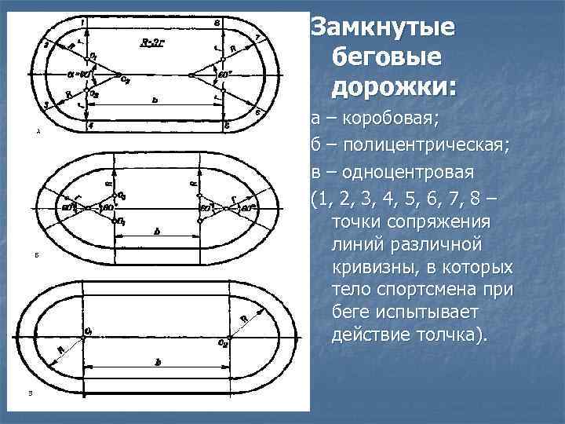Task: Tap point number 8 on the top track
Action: click(217, 22)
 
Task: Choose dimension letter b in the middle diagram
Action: click(158, 231)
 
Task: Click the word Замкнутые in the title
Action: click(382, 27)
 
